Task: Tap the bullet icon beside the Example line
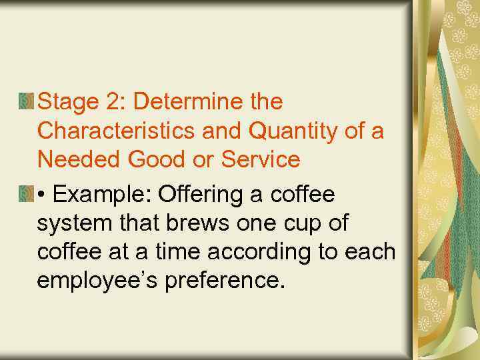[x=26, y=194]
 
